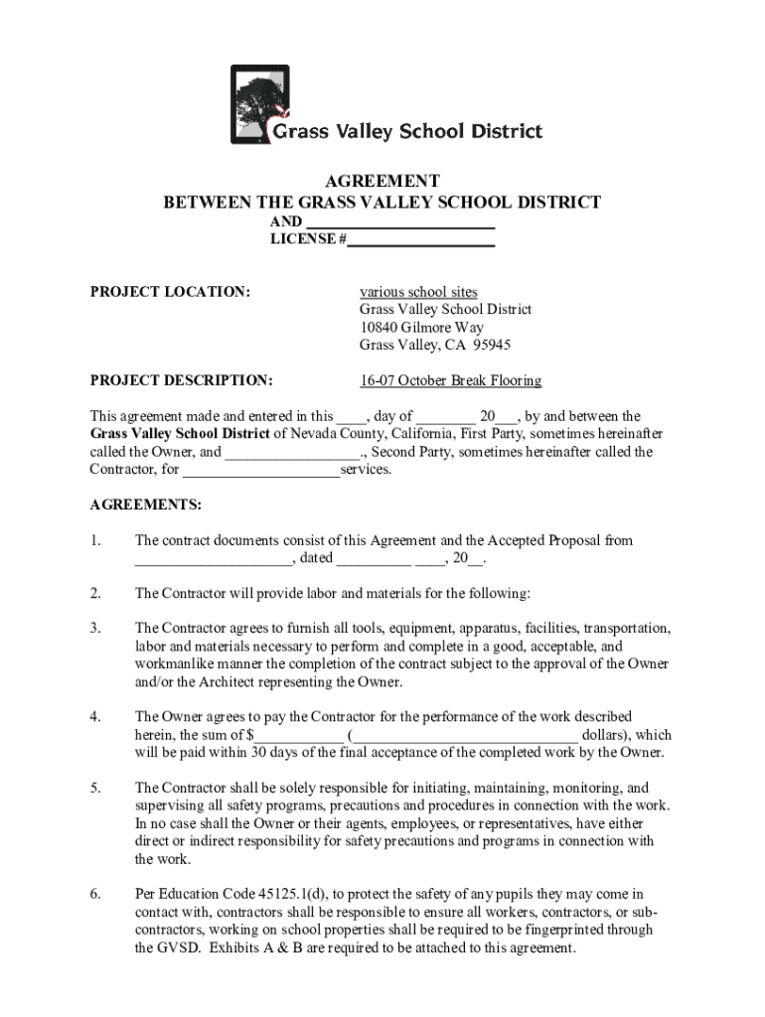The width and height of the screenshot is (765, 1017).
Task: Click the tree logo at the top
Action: [x=260, y=104]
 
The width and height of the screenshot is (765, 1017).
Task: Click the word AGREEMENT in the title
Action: [x=382, y=181]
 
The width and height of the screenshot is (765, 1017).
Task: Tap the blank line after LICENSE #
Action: [x=421, y=239]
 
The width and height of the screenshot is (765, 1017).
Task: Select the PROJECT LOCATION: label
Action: [x=170, y=292]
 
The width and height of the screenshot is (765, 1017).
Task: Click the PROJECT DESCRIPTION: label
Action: [x=182, y=380]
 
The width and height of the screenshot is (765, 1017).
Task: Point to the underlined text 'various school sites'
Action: [x=418, y=292]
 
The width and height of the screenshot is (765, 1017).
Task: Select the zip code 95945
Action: [x=487, y=346]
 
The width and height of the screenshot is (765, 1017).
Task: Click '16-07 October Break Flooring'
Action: [x=450, y=380]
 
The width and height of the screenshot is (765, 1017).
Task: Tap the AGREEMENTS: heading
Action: [x=146, y=505]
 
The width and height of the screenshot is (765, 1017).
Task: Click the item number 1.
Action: [x=95, y=540]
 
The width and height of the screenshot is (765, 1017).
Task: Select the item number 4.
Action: [x=95, y=716]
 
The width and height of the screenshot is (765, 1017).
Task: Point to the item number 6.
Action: [x=95, y=894]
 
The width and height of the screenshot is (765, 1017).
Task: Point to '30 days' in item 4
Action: [x=277, y=752]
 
